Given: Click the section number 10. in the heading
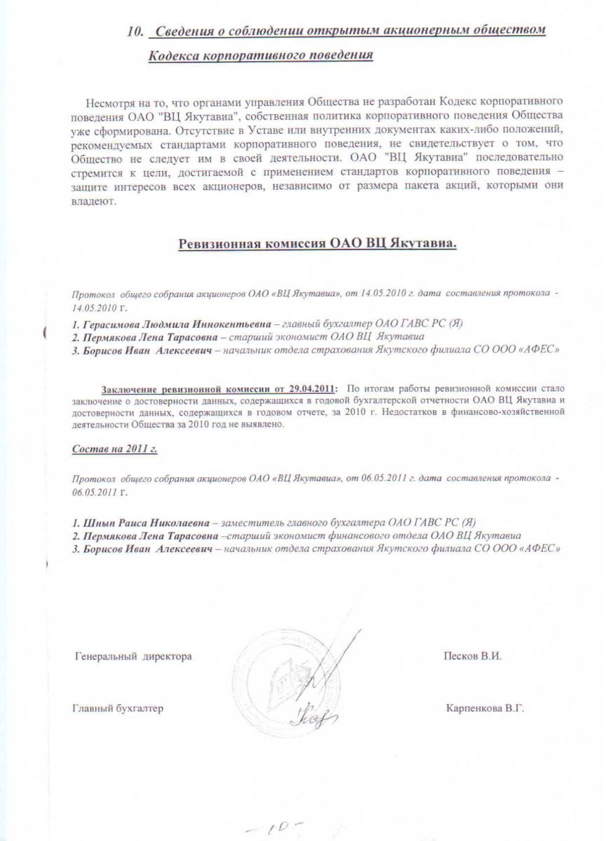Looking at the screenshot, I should pyautogui.click(x=137, y=32).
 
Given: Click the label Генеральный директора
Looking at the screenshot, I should pyautogui.click(x=132, y=657).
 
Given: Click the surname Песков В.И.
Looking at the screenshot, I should pyautogui.click(x=472, y=657).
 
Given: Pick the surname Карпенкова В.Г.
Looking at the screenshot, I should pyautogui.click(x=485, y=709).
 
